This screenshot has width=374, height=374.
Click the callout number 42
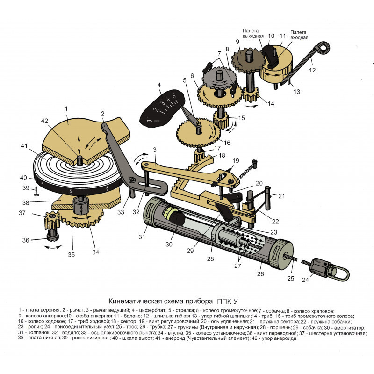pos(44,121)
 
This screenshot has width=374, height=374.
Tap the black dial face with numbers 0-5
pos(162,108)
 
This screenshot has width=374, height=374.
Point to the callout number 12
pos(312,70)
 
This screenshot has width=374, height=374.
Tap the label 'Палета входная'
pos(299,35)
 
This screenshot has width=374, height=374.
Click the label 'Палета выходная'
pos(253,33)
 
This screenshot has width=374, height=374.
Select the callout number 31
pos(142,237)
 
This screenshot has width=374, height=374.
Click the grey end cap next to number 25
pos(281,256)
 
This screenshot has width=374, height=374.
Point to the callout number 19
pos(236,160)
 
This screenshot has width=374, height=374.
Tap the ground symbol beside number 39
pos(36,192)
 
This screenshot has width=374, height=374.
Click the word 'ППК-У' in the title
pos(227,301)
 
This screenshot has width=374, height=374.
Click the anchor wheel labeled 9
pos(248,60)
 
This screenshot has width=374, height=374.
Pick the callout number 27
pos(237,266)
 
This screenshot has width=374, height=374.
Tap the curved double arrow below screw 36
pos(53,247)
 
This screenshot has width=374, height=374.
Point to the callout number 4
pos(159,85)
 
